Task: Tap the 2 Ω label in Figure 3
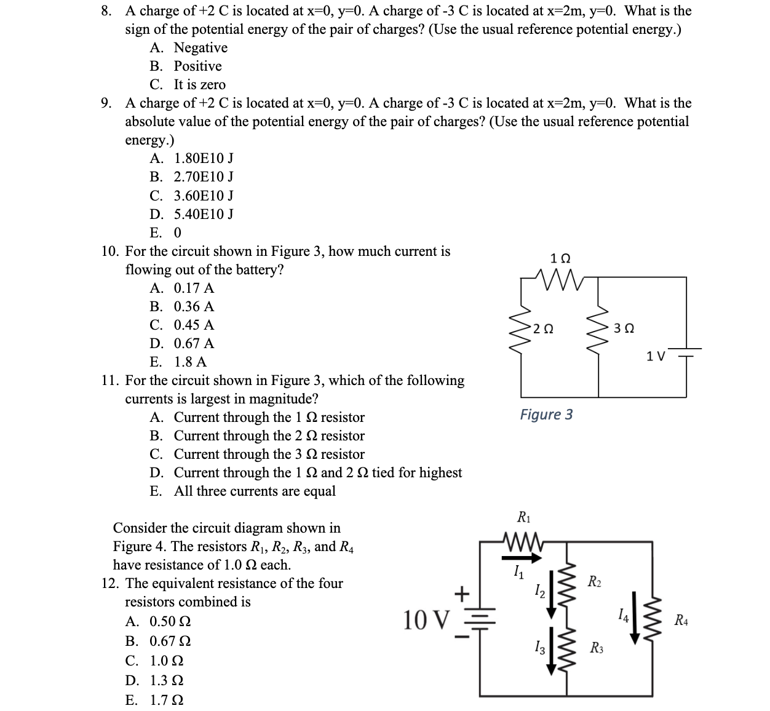coord(543,328)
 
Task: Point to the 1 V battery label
coord(656,356)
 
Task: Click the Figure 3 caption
coord(546,414)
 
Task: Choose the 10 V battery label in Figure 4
coord(426,619)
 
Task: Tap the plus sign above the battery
coord(462,593)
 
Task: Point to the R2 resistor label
coord(594,581)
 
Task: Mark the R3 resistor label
coord(596,647)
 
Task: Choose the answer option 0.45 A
coord(194,325)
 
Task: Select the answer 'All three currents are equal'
coord(255,491)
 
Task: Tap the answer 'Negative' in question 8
coord(200,48)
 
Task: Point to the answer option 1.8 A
coord(190,362)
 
